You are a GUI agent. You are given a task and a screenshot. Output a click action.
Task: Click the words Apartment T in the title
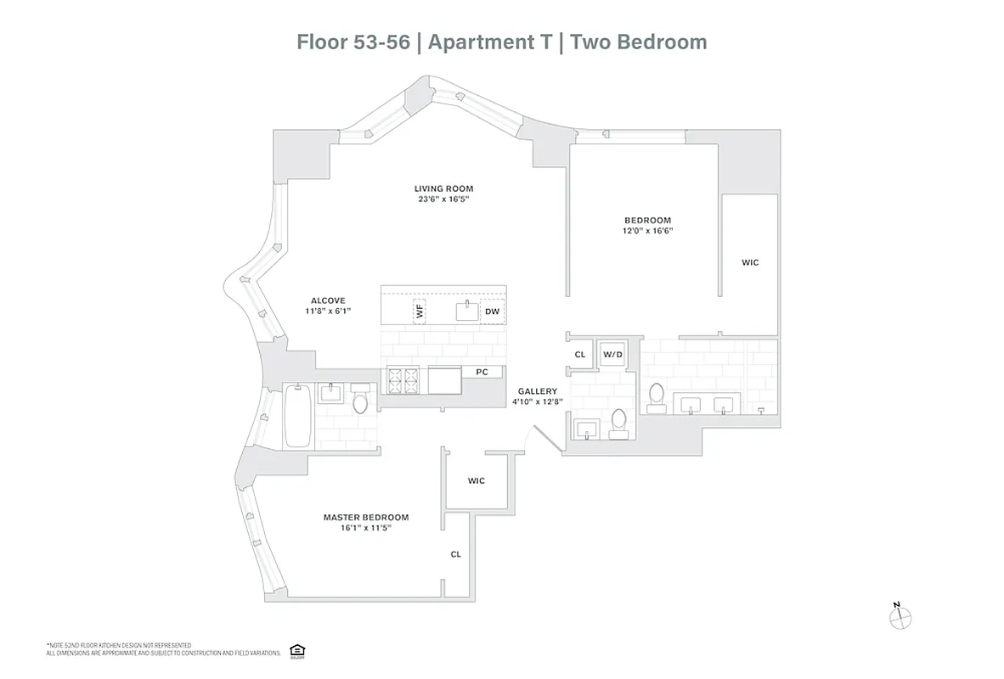pos(488,42)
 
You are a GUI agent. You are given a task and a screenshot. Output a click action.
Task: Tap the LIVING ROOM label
pos(443,188)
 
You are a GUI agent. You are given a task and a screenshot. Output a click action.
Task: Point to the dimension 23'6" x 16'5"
pos(443,199)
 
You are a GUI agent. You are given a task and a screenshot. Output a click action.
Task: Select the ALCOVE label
pos(327,300)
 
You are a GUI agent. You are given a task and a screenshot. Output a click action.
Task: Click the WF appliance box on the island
pos(419,311)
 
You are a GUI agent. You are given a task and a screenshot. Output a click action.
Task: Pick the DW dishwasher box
pos(492,311)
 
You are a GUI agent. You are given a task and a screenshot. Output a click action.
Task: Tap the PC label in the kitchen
pos(482,372)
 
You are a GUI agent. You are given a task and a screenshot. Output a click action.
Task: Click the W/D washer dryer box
pos(612,354)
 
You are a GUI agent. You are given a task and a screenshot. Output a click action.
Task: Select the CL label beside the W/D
pos(580,355)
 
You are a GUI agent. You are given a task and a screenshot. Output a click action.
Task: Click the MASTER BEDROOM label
pos(365,517)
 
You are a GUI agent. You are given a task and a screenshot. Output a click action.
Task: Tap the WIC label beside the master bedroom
pos(477,480)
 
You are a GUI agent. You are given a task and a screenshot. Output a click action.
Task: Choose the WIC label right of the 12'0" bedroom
pos(749,263)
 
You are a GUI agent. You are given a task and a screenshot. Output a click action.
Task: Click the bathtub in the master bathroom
pos(296,416)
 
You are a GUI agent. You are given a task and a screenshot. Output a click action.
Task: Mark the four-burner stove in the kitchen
pos(403,380)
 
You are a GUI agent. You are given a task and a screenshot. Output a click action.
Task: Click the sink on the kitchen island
pos(466,311)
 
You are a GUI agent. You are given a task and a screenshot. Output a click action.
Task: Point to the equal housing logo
pos(296,649)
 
